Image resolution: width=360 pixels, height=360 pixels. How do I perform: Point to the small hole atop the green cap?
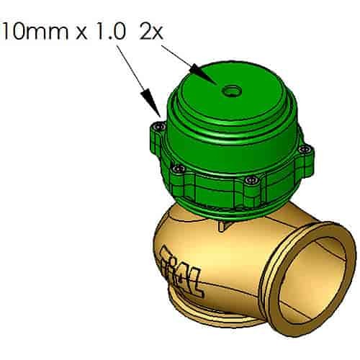pyautogui.click(x=233, y=91)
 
